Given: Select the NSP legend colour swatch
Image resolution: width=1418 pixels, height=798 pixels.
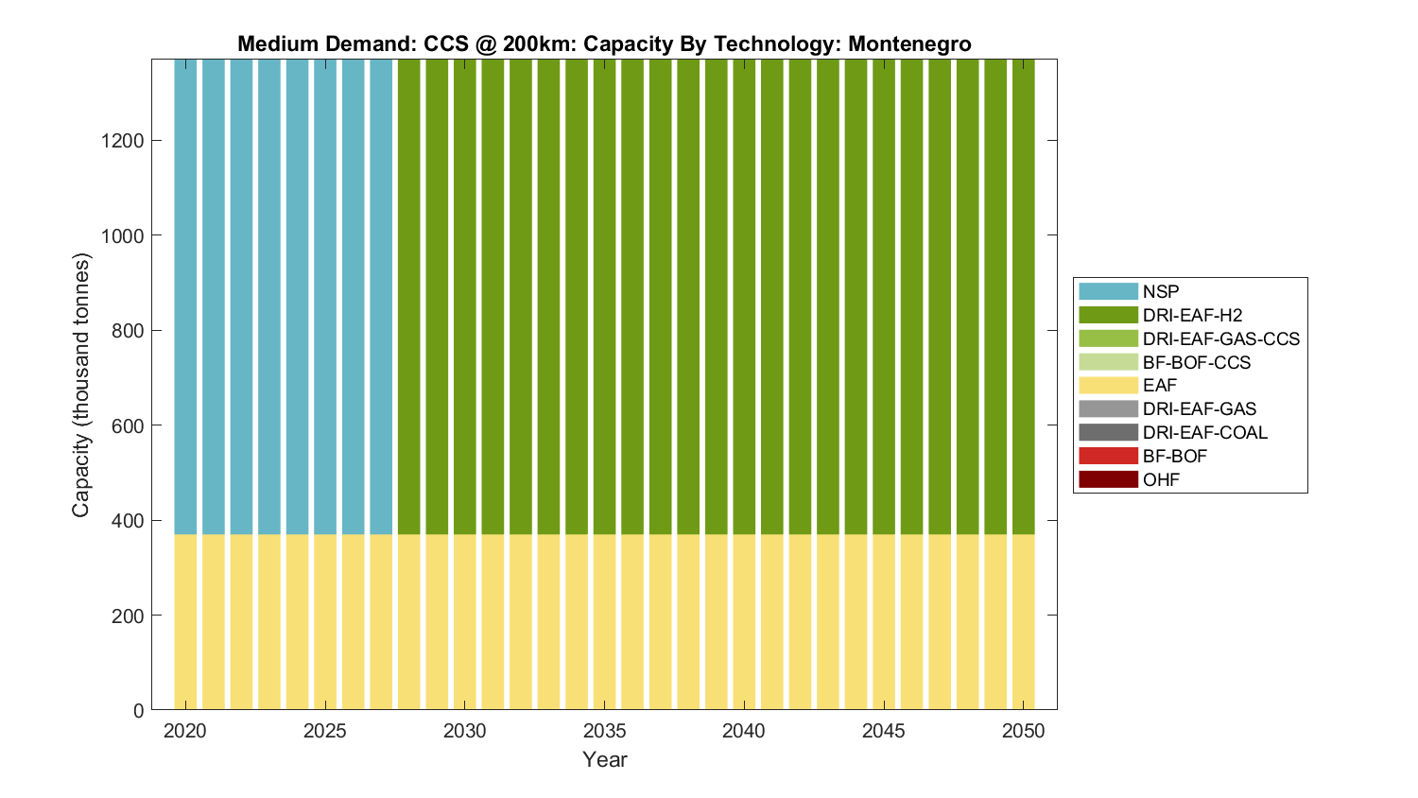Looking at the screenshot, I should (x=1108, y=291).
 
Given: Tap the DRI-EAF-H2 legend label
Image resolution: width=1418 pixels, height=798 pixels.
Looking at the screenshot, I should (x=1192, y=315).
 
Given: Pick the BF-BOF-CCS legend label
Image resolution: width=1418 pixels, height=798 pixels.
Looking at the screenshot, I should (x=1196, y=362).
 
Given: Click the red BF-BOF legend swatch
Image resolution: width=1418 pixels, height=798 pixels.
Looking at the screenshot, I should (x=1108, y=456).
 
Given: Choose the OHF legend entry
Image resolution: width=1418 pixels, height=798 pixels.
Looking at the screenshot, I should (x=1161, y=479).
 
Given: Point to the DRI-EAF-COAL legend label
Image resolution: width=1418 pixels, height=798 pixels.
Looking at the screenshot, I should (x=1204, y=432).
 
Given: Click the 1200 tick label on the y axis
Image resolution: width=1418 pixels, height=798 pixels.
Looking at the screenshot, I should (x=122, y=141).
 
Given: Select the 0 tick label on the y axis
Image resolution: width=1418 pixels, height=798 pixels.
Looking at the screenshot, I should (x=139, y=711).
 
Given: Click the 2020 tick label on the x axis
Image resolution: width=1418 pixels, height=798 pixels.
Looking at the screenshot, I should (x=185, y=731).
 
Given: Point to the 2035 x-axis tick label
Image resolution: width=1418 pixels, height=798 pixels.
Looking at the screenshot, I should (x=604, y=731).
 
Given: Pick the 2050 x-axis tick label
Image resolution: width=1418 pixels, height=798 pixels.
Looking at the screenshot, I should (x=1024, y=731).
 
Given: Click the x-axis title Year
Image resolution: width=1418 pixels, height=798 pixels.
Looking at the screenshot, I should (x=604, y=759).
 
